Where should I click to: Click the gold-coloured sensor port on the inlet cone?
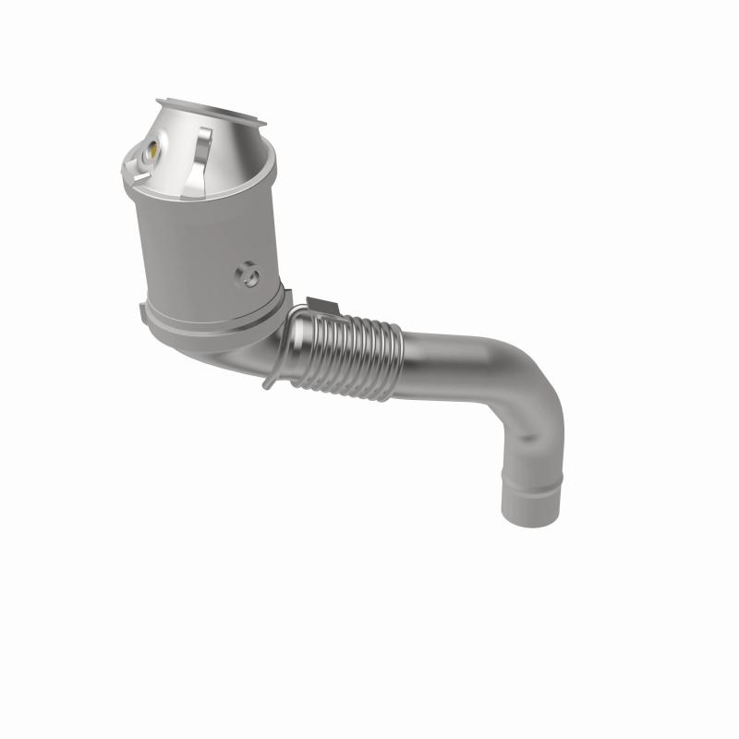(x=149, y=147)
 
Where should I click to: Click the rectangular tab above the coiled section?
(x=318, y=306)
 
